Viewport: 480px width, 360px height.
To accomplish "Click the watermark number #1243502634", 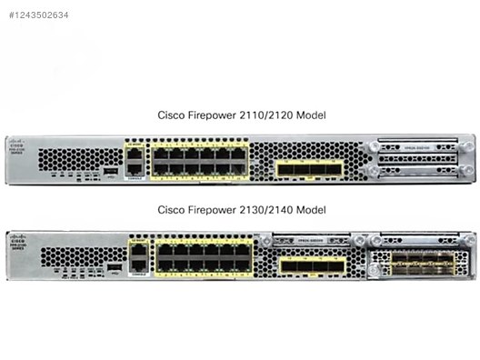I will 38,15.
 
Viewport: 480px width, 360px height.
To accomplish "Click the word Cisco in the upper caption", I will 173,115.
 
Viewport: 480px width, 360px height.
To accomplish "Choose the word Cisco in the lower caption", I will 173,210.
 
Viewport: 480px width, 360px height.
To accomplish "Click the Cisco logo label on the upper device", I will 17,145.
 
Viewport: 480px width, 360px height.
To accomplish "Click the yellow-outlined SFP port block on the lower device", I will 312,265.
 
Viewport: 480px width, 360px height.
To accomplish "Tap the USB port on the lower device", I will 115,266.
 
